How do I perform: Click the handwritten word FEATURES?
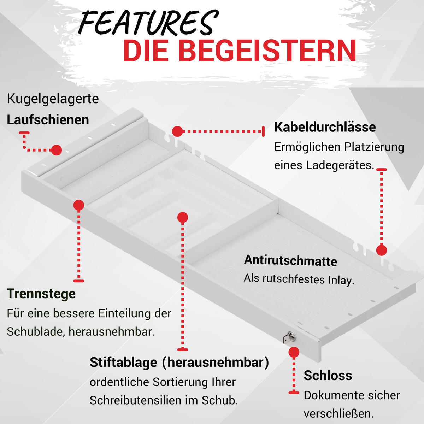(x=148, y=23)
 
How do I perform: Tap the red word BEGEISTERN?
(x=267, y=51)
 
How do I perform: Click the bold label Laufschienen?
(x=48, y=120)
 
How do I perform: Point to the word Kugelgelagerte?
(x=53, y=99)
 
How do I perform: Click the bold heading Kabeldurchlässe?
(x=325, y=127)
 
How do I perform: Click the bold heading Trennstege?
(x=41, y=294)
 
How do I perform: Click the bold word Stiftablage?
(x=123, y=362)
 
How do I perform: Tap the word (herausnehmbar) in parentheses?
(x=216, y=362)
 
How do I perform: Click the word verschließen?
(x=339, y=414)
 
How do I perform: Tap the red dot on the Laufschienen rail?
(x=57, y=150)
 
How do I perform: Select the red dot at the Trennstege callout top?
(x=79, y=205)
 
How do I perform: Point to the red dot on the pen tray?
(x=183, y=218)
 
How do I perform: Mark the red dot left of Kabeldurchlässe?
(x=177, y=131)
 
